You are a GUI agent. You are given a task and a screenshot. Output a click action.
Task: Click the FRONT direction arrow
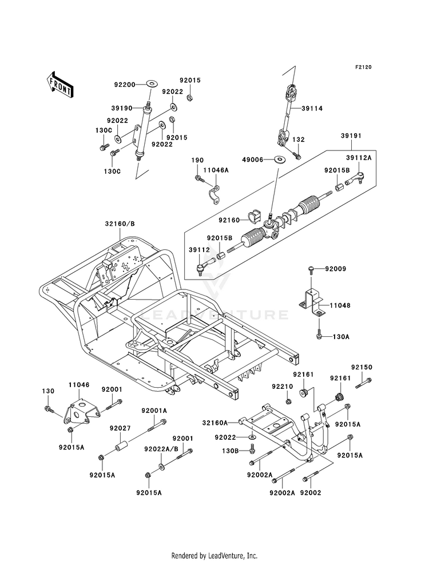(60, 85)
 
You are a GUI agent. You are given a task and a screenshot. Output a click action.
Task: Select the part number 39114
(312, 109)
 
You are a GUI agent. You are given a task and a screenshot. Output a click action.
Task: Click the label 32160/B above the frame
(120, 224)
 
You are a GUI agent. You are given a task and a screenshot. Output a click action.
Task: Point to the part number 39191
(351, 136)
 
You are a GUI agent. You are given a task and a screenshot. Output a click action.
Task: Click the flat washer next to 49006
(280, 158)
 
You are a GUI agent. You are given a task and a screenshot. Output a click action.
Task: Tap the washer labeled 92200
(152, 84)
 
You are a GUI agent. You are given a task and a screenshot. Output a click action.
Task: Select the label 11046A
(216, 170)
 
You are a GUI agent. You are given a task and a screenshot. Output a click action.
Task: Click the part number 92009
(336, 269)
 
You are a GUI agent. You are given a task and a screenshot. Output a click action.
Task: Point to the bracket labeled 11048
(312, 303)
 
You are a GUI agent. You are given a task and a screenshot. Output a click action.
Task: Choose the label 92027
(120, 428)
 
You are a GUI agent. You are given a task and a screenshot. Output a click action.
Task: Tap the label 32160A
(214, 423)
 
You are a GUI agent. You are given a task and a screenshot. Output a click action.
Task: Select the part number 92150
(362, 368)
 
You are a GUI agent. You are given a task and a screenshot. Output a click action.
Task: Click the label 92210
(283, 387)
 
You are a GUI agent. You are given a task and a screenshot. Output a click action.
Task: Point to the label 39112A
(359, 158)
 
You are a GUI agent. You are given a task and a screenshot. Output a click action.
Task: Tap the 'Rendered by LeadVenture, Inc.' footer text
(214, 555)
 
